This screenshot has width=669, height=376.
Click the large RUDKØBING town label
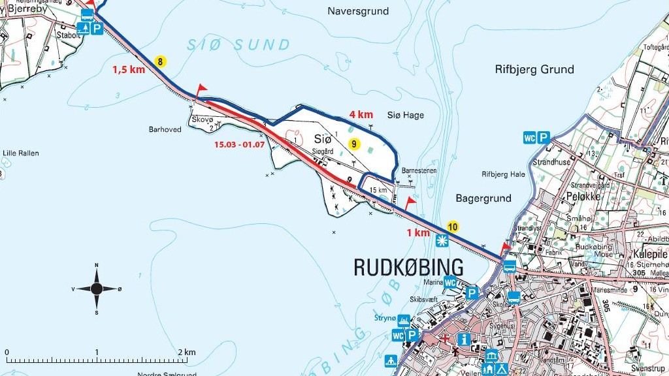(408, 267)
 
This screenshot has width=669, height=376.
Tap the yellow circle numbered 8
(161, 62)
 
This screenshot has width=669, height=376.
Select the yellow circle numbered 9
(353, 144)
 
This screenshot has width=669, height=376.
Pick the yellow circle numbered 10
(452, 227)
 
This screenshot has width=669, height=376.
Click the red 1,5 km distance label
(128, 70)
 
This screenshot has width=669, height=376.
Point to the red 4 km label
(361, 114)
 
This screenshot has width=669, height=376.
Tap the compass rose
(97, 288)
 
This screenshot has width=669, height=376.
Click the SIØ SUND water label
(238, 45)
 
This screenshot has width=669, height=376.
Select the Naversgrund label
(358, 11)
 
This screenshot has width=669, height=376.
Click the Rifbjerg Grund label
(534, 69)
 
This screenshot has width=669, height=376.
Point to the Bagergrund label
(484, 198)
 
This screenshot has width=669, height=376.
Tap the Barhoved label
(165, 129)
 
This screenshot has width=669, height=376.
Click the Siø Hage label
(405, 116)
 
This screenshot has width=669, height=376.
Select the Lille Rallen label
(21, 153)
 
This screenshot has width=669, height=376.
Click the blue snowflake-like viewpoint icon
(442, 241)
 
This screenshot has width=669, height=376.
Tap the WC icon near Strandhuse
(530, 138)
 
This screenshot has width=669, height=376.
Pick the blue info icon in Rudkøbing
(465, 339)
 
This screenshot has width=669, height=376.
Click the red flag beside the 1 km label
(410, 202)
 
